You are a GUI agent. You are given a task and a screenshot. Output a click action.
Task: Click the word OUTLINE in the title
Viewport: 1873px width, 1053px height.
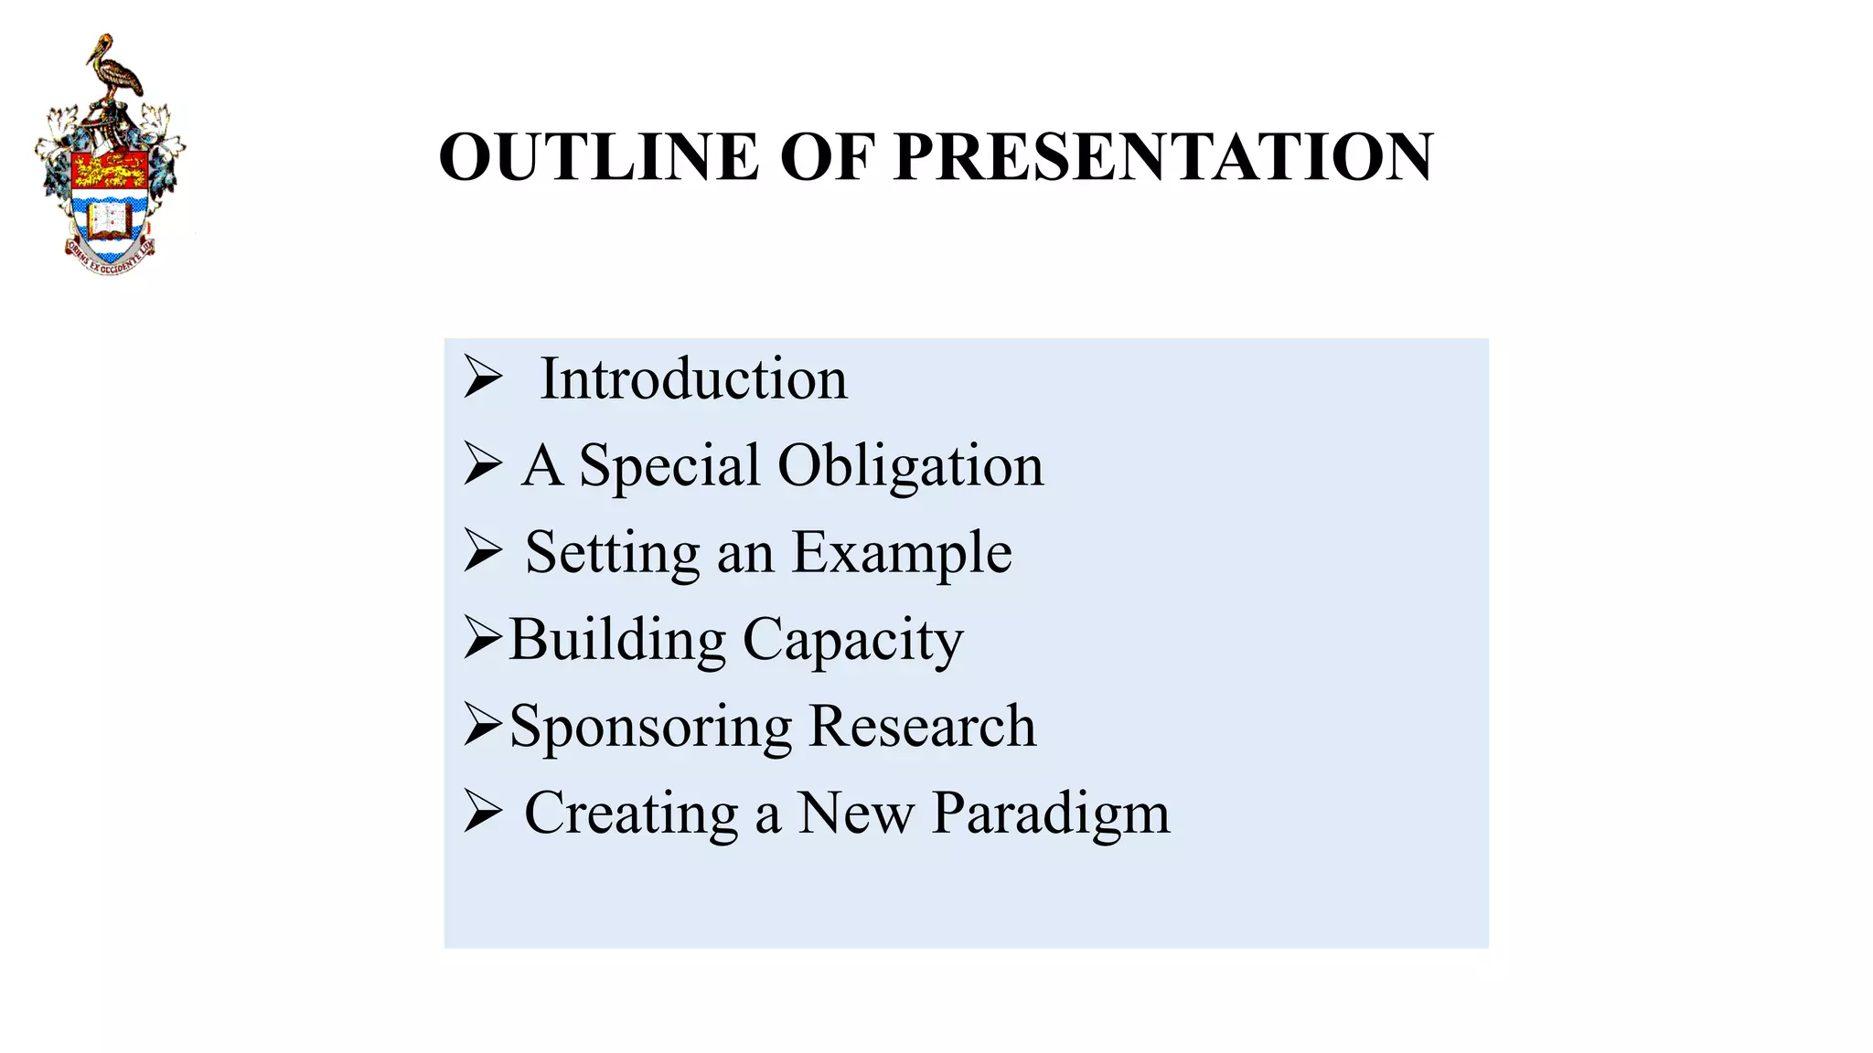pos(599,156)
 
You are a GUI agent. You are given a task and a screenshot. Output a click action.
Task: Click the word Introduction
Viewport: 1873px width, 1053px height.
pos(693,378)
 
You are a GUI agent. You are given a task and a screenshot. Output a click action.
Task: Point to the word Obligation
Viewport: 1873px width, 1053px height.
pos(910,466)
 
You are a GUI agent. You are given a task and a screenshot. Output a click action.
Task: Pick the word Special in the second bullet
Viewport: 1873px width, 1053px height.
pos(669,466)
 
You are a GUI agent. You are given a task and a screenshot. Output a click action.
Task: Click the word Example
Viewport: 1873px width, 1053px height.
pos(902,553)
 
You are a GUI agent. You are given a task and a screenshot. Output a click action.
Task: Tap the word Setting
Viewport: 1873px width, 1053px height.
pos(612,553)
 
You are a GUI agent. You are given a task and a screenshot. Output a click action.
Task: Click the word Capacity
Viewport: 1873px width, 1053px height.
pos(853,640)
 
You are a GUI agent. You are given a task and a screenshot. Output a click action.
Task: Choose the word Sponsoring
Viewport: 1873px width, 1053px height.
pos(650,727)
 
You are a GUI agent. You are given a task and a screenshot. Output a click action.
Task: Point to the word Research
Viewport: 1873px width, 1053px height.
pos(923,727)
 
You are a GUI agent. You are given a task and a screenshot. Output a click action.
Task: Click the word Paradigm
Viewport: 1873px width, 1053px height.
pos(1051,814)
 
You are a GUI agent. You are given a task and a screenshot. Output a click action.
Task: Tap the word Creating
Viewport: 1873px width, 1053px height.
pos(631,814)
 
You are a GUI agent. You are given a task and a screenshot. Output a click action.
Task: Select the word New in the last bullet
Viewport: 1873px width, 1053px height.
pos(855,814)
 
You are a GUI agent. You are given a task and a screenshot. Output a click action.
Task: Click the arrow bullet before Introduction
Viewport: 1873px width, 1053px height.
pos(482,378)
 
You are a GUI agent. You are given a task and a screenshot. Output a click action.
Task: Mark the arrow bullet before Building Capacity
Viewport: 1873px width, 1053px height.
pos(482,638)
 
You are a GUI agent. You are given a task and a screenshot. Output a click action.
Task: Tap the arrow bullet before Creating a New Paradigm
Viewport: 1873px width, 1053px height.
pos(482,812)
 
